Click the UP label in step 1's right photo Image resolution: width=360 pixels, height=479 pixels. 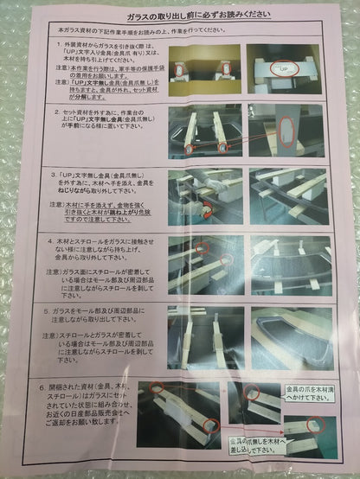coord(284,67)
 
